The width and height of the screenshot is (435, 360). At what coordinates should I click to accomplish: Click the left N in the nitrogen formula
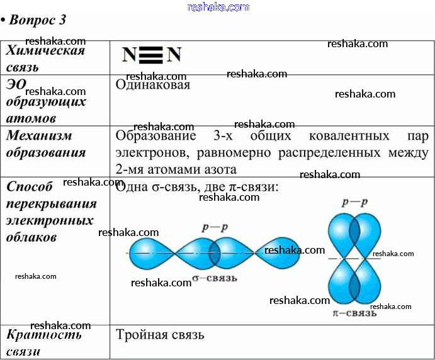click(x=129, y=55)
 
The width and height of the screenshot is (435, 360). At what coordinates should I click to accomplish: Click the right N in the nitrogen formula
click(x=174, y=55)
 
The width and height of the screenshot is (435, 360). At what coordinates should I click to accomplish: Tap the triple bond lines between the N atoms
click(x=151, y=55)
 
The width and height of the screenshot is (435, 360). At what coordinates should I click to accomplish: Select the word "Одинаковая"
click(x=153, y=85)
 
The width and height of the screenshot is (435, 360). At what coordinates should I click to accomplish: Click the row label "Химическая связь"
click(x=45, y=59)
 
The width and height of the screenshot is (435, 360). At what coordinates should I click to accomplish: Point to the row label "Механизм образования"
click(x=45, y=144)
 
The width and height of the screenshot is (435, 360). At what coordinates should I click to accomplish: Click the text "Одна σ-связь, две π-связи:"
click(x=197, y=187)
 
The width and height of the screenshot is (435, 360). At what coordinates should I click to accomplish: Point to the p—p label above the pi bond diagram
click(x=354, y=203)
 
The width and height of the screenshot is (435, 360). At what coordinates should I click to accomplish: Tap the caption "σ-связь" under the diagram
click(x=214, y=278)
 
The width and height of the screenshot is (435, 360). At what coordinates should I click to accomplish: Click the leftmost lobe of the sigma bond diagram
click(x=150, y=252)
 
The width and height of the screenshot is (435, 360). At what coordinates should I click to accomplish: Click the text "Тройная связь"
click(x=160, y=335)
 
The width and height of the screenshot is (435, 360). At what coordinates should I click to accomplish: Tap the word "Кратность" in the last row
click(x=44, y=335)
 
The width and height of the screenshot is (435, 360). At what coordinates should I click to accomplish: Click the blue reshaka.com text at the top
click(x=218, y=7)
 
